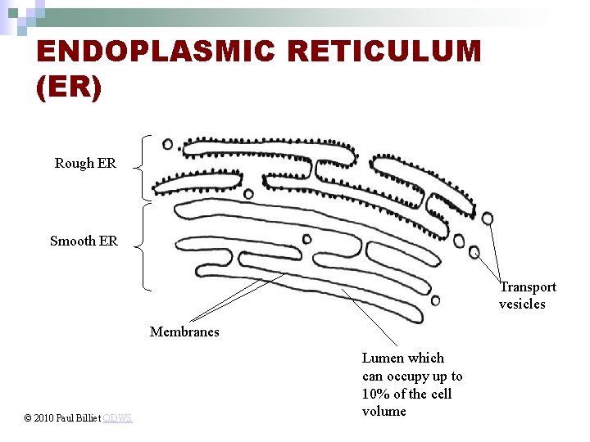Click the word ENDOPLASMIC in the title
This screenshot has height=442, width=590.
(155, 52)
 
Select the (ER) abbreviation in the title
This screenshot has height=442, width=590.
(69, 88)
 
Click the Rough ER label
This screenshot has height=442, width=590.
(85, 164)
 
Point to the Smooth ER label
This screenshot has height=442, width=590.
(84, 241)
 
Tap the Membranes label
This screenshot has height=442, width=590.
(184, 331)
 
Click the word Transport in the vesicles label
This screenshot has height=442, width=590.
(528, 286)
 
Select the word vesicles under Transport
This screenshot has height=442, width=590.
(522, 304)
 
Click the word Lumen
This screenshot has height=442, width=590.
(382, 358)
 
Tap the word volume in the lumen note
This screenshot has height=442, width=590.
(384, 411)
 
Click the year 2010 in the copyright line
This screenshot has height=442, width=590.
(45, 419)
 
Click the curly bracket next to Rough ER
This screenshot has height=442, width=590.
(145, 167)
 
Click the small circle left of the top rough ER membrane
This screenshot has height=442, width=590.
(168, 144)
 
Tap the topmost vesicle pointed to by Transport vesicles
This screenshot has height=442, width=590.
(488, 218)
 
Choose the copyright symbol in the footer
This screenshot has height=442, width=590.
(28, 419)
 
